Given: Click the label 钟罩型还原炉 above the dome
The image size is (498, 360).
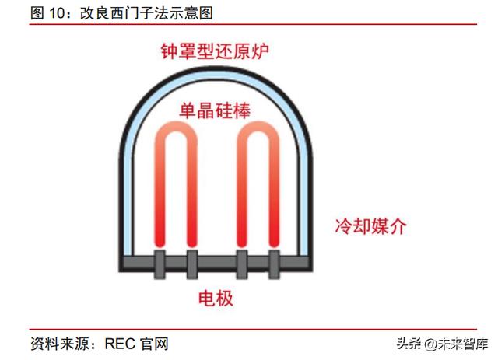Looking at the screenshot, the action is click(215, 51).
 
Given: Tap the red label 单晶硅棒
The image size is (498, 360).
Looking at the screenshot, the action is click(215, 110).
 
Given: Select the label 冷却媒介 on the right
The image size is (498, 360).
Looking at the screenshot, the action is click(370, 226).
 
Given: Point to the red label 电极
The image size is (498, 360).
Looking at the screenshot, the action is click(216, 298).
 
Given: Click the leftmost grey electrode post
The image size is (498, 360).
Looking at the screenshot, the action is click(160, 264).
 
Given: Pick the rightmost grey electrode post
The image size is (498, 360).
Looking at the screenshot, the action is click(274, 264).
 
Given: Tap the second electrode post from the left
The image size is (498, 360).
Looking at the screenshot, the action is click(192, 264).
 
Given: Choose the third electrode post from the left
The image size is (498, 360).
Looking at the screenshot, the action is click(242, 264).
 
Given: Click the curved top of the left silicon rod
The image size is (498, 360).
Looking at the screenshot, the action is click(176, 127).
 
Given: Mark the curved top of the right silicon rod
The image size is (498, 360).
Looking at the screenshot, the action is click(258, 127).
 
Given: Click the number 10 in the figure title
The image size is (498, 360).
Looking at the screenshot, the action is click(57, 14).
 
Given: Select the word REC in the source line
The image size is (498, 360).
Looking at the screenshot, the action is click(120, 344).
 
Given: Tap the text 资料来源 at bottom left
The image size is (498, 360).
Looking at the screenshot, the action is click(60, 344).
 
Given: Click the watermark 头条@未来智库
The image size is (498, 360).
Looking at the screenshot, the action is click(442, 344).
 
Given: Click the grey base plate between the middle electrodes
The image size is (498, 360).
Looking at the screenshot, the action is click(217, 262).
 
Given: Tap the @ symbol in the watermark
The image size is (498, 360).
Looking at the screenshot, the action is click(431, 344).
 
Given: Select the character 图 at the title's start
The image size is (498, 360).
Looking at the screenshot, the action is click(37, 13).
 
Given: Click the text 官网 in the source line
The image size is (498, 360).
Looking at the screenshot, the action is click(155, 344).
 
